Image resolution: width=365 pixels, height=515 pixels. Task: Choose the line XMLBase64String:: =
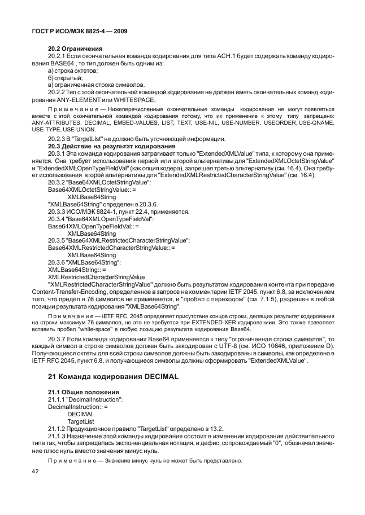click(x=69, y=270)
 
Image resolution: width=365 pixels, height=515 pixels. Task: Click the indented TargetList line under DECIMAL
click(x=80, y=421)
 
